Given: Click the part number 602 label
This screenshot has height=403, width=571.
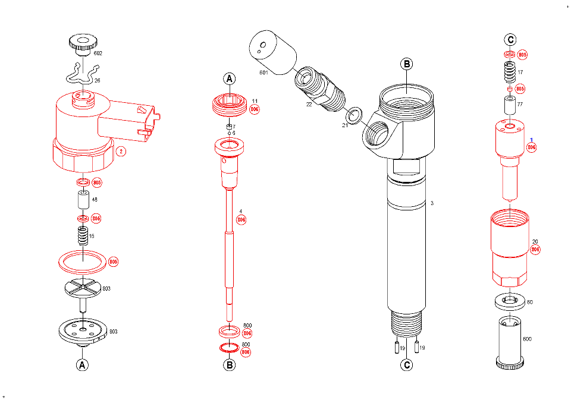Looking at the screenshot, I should pyautogui.click(x=98, y=53).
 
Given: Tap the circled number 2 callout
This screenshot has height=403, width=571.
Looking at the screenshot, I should pyautogui.click(x=121, y=151).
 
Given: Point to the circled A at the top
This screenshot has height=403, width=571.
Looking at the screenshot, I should pyautogui.click(x=230, y=79).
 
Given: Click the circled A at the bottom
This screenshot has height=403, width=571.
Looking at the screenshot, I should pyautogui.click(x=82, y=364).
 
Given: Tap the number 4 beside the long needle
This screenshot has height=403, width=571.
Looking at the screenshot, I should pyautogui.click(x=240, y=211).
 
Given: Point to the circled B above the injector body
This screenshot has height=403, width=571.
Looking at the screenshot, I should pyautogui.click(x=406, y=64).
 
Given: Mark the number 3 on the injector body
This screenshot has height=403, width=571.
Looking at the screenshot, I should pyautogui.click(x=432, y=203).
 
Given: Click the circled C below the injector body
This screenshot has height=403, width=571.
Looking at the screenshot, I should pyautogui.click(x=406, y=365).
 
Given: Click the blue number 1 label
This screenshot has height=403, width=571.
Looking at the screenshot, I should pyautogui.click(x=531, y=140).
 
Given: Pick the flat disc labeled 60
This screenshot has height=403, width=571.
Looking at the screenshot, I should pyautogui.click(x=510, y=301).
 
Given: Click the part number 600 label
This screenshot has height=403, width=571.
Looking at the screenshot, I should pyautogui.click(x=527, y=339).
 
